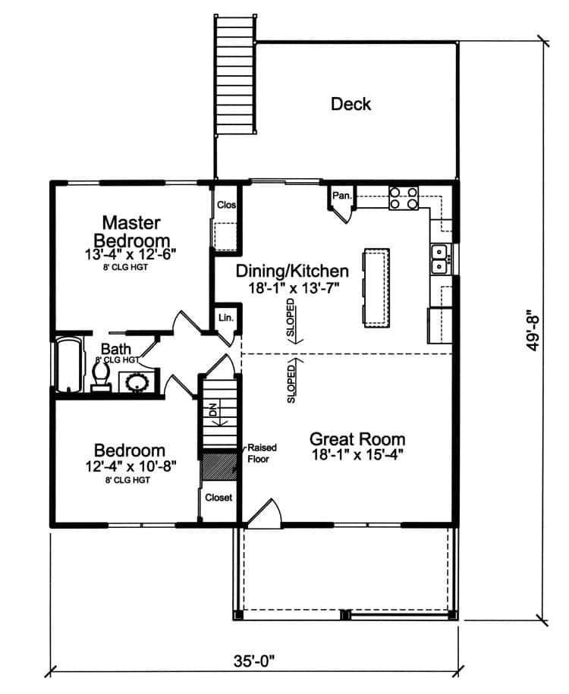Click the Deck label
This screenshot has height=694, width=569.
click(351, 104)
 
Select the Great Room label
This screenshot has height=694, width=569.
click(357, 439)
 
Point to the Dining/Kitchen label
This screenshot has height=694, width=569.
click(292, 271)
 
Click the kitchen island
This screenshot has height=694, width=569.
click(375, 287)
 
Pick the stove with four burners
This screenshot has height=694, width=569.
click(403, 197)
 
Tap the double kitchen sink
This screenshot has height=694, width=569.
click(439, 258)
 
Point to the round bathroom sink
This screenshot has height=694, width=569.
click(138, 382)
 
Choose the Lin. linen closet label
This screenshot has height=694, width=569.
click(225, 318)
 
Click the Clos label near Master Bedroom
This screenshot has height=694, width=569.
click(226, 205)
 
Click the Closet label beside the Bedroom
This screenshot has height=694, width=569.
click(219, 498)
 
